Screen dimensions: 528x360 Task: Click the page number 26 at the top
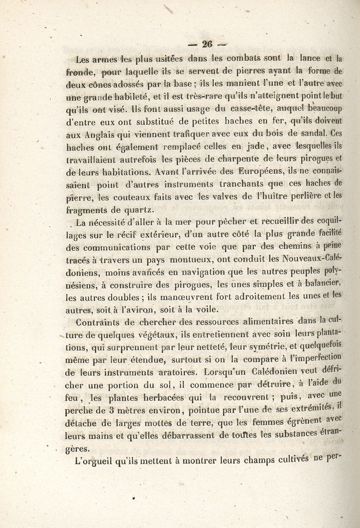click(207, 44)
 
